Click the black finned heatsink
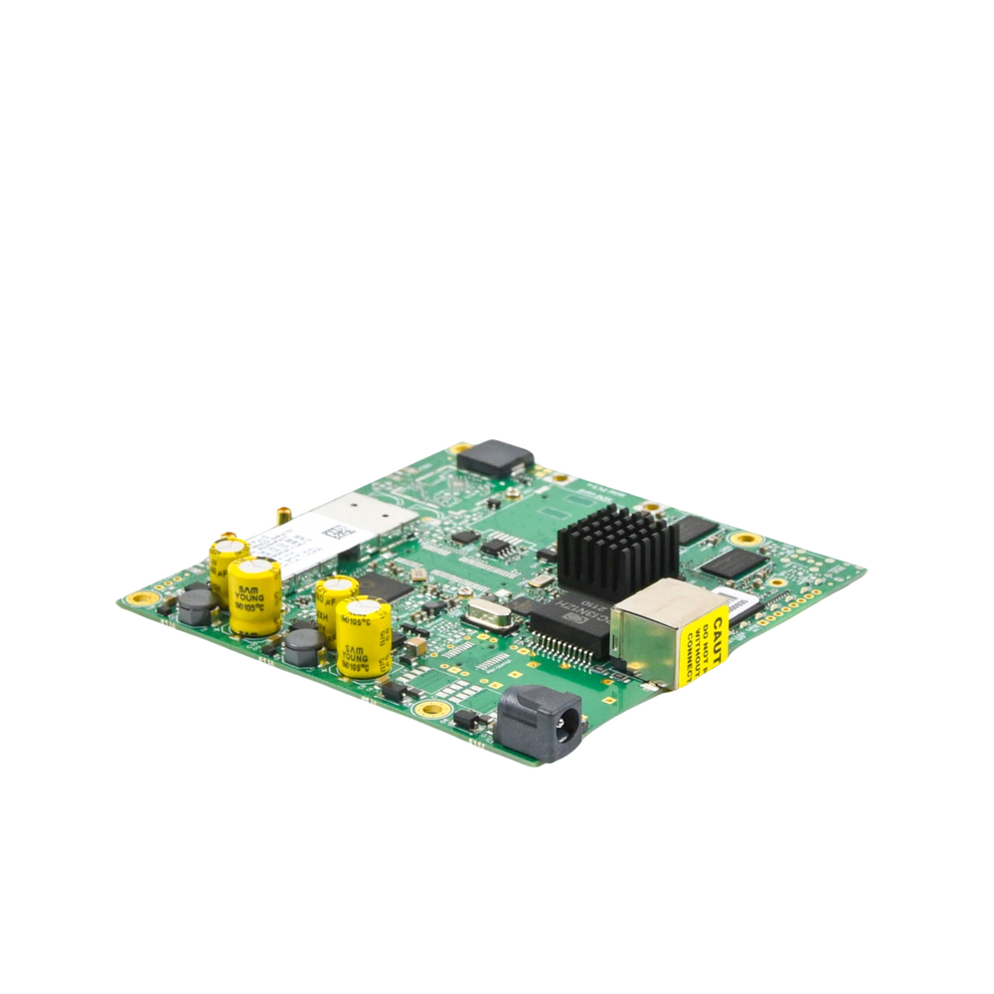pos(615,549)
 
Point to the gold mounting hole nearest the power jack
pos(428,709)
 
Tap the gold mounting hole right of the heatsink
pos(742,538)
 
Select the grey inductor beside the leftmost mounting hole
pos(197,605)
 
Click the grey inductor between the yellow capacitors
pos(301,645)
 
